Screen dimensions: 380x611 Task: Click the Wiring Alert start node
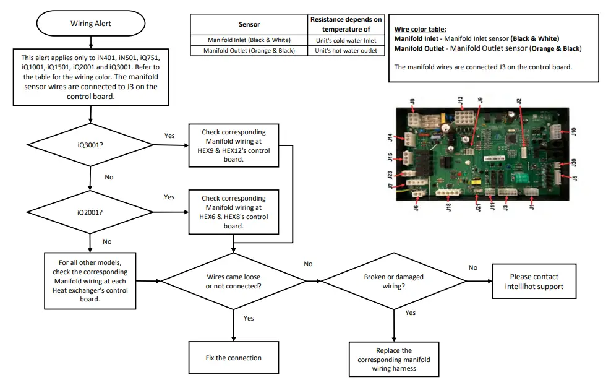(90, 24)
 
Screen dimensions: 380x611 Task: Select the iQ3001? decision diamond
(90, 146)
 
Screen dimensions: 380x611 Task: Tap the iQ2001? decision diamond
(90, 212)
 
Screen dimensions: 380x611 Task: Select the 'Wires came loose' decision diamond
(233, 282)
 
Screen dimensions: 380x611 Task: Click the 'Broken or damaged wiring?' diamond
(394, 282)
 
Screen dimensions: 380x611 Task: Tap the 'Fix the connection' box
(233, 358)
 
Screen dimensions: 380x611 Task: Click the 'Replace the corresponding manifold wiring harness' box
(394, 360)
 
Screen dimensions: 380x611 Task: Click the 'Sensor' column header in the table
(249, 25)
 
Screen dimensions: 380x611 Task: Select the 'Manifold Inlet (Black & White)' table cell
(249, 40)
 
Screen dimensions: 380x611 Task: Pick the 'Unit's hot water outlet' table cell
(346, 50)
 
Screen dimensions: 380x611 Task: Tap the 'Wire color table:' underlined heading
(420, 29)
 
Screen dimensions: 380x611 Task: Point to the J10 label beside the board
(574, 132)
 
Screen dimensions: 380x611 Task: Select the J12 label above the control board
(460, 100)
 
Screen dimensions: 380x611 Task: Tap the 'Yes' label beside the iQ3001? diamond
(169, 135)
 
